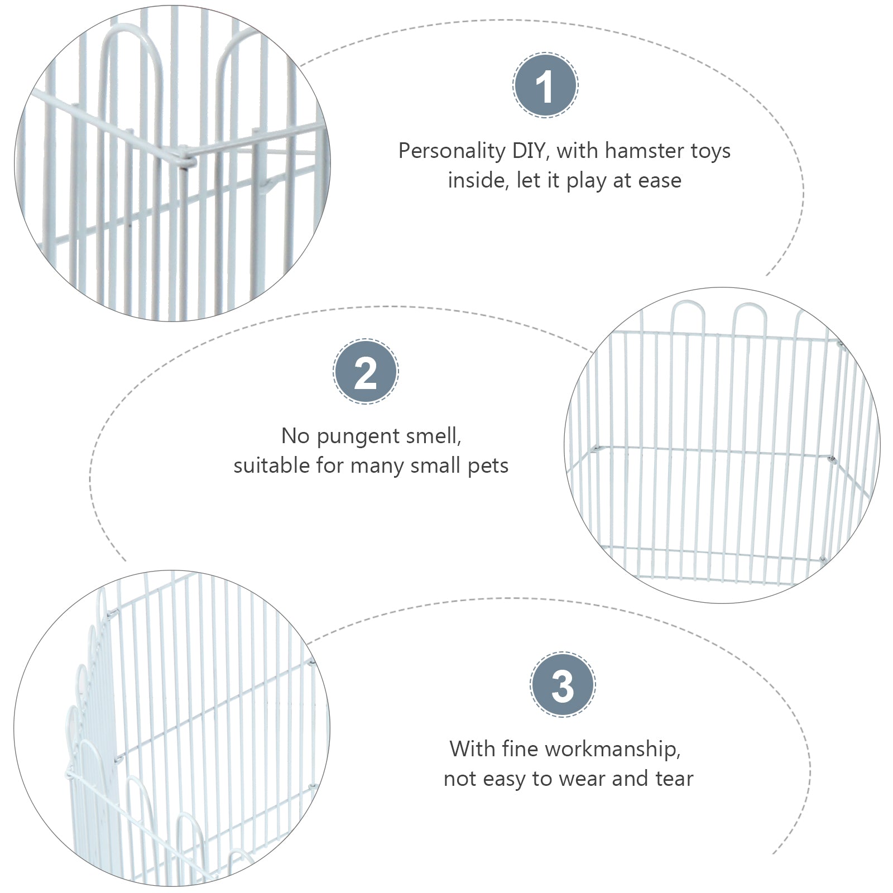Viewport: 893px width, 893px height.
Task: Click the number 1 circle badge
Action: pos(545,85)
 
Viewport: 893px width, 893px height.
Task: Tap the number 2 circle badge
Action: pos(366,372)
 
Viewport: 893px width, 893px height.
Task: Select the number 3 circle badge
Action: pos(563,685)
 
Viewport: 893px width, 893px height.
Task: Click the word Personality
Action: pos(451,151)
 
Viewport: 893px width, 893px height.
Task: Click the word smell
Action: pos(433,436)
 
